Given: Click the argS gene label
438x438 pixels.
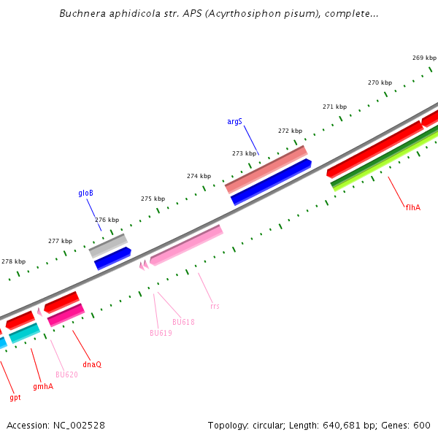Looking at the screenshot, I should tap(234, 121).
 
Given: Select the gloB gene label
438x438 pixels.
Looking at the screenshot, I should tap(86, 193).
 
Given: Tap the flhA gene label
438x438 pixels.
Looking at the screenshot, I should tap(413, 207).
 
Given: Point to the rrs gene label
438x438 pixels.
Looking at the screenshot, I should tap(215, 306).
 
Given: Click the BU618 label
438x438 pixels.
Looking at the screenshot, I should tap(183, 322).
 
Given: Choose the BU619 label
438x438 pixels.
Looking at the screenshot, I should tap(161, 333).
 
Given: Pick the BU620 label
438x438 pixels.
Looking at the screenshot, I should tap(66, 374).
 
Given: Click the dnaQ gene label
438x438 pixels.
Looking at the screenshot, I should tap(92, 364).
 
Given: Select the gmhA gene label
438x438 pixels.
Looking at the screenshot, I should tap(43, 386).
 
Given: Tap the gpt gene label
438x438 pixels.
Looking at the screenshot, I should tap(15, 398).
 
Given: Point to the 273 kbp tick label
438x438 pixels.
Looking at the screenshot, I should tap(245, 153).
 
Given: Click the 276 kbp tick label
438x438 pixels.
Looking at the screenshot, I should tap(107, 220).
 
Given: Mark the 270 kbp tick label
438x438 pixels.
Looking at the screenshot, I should tap(380, 83).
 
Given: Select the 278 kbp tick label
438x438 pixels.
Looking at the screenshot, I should tap(13, 261).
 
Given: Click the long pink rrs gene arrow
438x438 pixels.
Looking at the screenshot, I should tap(186, 245).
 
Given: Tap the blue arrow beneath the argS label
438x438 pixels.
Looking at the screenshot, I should tap(271, 182).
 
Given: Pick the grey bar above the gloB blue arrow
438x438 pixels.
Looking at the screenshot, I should tap(108, 245).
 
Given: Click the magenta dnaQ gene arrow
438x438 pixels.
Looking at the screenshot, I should tap(66, 315).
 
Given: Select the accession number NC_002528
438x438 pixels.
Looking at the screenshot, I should tap(78, 425).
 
